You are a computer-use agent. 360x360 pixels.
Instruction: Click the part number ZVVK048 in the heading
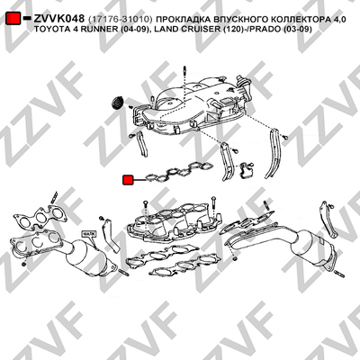point(58,19)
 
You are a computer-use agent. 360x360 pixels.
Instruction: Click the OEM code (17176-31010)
point(121,19)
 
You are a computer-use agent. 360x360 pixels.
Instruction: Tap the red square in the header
point(13,18)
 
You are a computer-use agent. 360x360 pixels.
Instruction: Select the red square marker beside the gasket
point(128,180)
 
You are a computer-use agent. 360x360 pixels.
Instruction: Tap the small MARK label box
point(88,233)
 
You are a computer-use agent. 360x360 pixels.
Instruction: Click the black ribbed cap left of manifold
point(117,103)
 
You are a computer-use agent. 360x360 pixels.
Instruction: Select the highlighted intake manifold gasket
point(179,172)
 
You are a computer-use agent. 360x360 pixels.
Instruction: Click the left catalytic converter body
point(88,257)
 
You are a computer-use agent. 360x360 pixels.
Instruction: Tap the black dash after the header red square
point(27,18)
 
